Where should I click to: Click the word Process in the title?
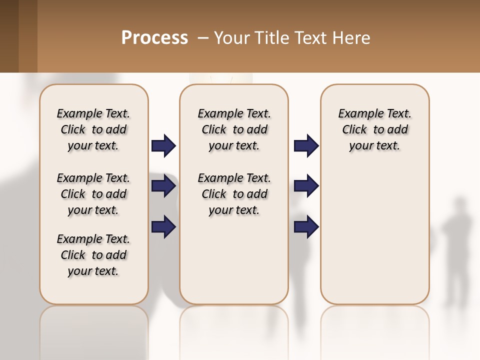(154, 37)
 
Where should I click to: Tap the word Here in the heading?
(351, 37)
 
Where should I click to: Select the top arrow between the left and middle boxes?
(163, 145)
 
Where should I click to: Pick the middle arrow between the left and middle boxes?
(163, 186)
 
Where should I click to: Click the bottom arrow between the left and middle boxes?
(163, 226)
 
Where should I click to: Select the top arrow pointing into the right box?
(306, 145)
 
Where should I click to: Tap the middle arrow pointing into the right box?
(306, 186)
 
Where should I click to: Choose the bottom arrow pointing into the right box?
(306, 226)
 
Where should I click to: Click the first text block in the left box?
(93, 129)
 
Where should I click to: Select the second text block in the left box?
(93, 194)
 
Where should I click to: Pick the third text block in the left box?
(93, 255)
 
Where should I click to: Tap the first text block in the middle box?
(234, 129)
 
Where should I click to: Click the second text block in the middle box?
(234, 194)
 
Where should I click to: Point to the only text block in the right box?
(374, 129)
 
